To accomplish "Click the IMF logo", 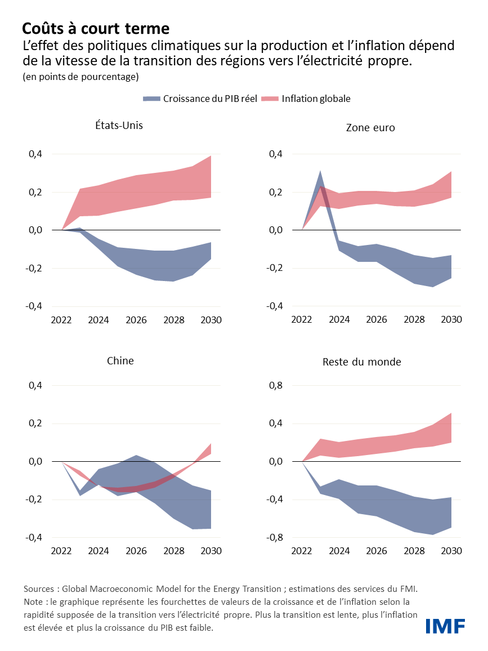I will click(x=445, y=626).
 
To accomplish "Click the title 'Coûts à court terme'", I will click(x=96, y=28).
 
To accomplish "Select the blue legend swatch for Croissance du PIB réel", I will click(x=151, y=99).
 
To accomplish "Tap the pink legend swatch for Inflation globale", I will click(x=271, y=99).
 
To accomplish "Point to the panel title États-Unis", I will click(x=119, y=125).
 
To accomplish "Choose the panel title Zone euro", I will click(x=370, y=128).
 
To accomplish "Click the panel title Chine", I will click(x=120, y=360).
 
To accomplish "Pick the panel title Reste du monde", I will click(x=361, y=362).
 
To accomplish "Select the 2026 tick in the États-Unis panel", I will click(x=136, y=320).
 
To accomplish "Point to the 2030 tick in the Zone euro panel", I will click(x=451, y=319).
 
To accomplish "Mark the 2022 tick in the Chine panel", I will click(x=61, y=551).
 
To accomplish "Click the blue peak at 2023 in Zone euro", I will click(x=320, y=172).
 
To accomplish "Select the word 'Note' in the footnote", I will click(x=34, y=602).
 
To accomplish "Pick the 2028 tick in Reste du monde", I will click(x=414, y=551).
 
